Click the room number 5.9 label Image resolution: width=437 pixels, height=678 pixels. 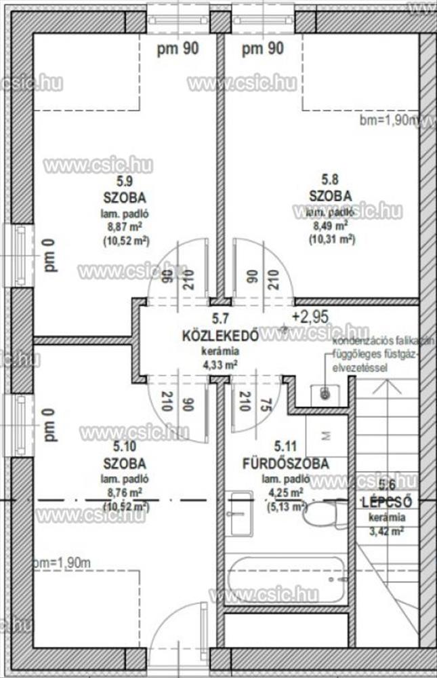[x=124, y=181]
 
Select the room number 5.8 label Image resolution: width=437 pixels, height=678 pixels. [x=330, y=180]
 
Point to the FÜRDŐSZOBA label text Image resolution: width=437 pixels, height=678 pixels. [x=286, y=464]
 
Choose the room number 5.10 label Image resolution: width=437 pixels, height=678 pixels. [x=124, y=447]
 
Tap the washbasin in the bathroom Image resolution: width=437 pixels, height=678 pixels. [x=239, y=513]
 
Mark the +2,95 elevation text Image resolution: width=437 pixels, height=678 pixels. [x=310, y=316]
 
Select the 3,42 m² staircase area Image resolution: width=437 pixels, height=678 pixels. [x=387, y=531]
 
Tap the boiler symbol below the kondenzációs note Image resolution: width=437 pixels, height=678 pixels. [x=325, y=393]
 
